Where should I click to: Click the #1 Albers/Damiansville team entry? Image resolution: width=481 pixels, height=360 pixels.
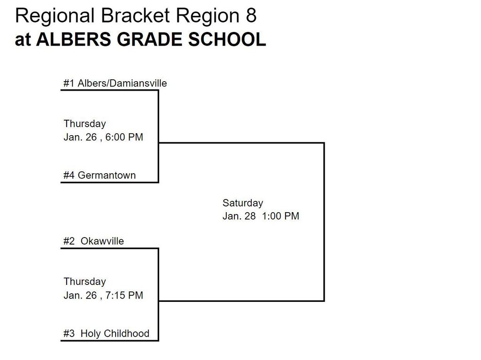(x=115, y=83)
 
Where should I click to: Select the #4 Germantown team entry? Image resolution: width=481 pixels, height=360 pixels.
(x=100, y=175)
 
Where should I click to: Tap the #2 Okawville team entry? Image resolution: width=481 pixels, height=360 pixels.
(x=93, y=241)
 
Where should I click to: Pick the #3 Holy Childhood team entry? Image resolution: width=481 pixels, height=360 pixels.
(x=106, y=333)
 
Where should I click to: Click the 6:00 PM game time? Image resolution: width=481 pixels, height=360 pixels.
(x=124, y=137)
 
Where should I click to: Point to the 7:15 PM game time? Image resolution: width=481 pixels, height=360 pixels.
(x=124, y=295)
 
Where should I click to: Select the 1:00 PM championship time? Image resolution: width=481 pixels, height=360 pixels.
(x=280, y=216)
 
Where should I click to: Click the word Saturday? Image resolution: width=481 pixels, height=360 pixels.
(x=243, y=203)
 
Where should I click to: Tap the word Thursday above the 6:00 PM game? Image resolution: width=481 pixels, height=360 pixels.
(x=85, y=123)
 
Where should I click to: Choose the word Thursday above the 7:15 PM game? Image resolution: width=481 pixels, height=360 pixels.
(x=85, y=282)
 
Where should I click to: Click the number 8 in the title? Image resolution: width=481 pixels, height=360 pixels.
(x=251, y=15)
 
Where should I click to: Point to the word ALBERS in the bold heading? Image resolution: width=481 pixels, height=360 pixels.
(x=74, y=39)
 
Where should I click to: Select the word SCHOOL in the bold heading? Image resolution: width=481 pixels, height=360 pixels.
(x=227, y=39)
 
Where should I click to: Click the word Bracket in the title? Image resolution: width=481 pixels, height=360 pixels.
(x=135, y=15)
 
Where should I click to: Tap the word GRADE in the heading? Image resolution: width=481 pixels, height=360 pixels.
(x=149, y=39)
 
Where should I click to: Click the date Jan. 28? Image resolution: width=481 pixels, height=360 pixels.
(x=239, y=216)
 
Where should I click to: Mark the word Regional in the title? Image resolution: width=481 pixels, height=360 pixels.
(x=55, y=16)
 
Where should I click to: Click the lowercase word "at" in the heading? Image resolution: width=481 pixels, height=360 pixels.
(x=23, y=40)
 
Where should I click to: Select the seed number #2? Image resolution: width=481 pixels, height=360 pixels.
(x=69, y=241)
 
